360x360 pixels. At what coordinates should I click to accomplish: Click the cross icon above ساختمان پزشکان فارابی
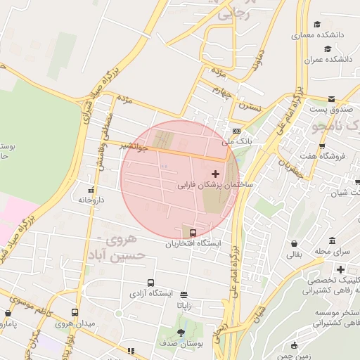tap(215, 173)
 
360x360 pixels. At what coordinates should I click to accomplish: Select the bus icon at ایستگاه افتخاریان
tap(193, 233)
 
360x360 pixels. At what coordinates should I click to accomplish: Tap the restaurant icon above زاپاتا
tap(184, 295)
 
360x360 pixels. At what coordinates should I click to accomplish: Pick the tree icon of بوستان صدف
tap(181, 333)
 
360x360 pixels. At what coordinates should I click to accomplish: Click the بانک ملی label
tap(236, 141)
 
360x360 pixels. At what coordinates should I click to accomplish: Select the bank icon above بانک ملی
tap(236, 131)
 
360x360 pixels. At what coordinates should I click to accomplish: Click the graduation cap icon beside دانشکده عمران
tap(327, 49)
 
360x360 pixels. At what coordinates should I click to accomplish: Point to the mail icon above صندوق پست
tap(332, 98)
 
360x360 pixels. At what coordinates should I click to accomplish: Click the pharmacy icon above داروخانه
tap(91, 190)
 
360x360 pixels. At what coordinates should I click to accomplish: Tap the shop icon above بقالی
tap(292, 243)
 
